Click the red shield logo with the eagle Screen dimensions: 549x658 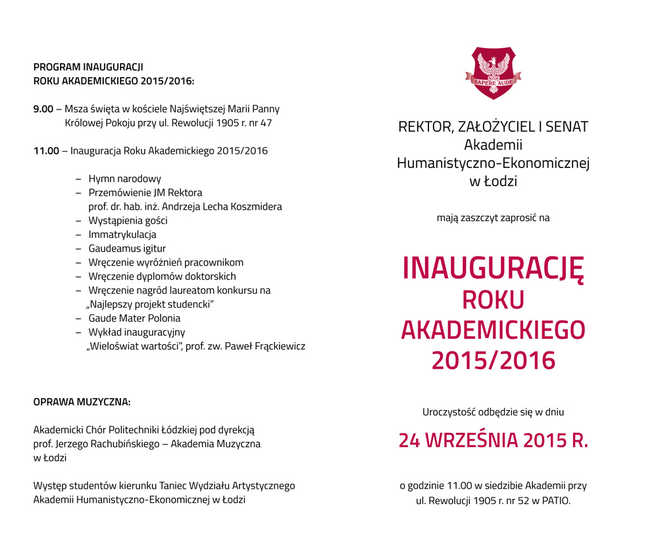[493, 73]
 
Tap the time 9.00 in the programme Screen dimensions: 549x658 [43, 109]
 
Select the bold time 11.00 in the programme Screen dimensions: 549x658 [46, 151]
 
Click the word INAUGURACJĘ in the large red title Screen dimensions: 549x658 [493, 268]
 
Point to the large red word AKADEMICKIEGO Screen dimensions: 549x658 [493, 330]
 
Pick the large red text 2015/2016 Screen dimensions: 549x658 [493, 361]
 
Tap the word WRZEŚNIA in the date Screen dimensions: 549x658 [470, 441]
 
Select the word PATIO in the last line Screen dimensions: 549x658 [555, 500]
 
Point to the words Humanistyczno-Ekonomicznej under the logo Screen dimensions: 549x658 [493, 163]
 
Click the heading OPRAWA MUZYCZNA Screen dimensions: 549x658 [82, 401]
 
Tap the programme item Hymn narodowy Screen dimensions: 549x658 [124, 179]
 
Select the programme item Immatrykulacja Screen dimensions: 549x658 [122, 234]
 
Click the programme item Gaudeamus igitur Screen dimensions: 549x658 [127, 248]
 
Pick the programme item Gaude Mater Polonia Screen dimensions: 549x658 [134, 318]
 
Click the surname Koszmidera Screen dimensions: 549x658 [254, 206]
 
